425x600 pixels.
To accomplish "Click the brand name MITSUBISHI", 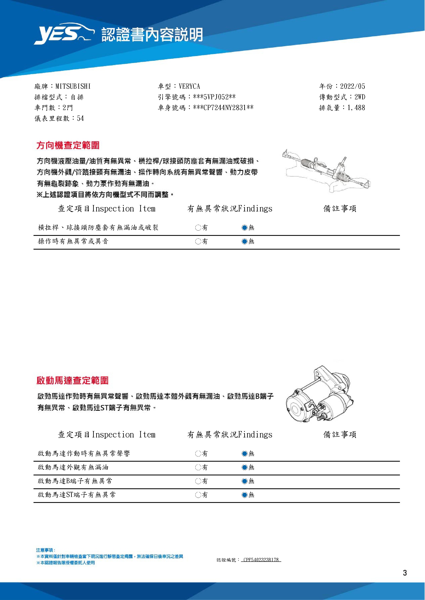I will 73,86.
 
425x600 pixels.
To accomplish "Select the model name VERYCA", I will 189,86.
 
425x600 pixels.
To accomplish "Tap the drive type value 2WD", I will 360,97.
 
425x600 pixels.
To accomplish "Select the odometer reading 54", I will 80,118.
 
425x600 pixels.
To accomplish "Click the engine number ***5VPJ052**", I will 214,97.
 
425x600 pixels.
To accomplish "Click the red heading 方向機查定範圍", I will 68,145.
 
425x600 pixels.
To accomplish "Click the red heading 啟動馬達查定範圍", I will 73,381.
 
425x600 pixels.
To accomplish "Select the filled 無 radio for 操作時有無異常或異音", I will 244,241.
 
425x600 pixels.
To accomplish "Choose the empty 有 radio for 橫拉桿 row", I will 198,228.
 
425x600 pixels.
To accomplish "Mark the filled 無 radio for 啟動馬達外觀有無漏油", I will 244,467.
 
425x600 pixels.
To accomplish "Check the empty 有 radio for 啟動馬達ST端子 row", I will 198,495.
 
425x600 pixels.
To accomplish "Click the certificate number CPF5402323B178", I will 261,560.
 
